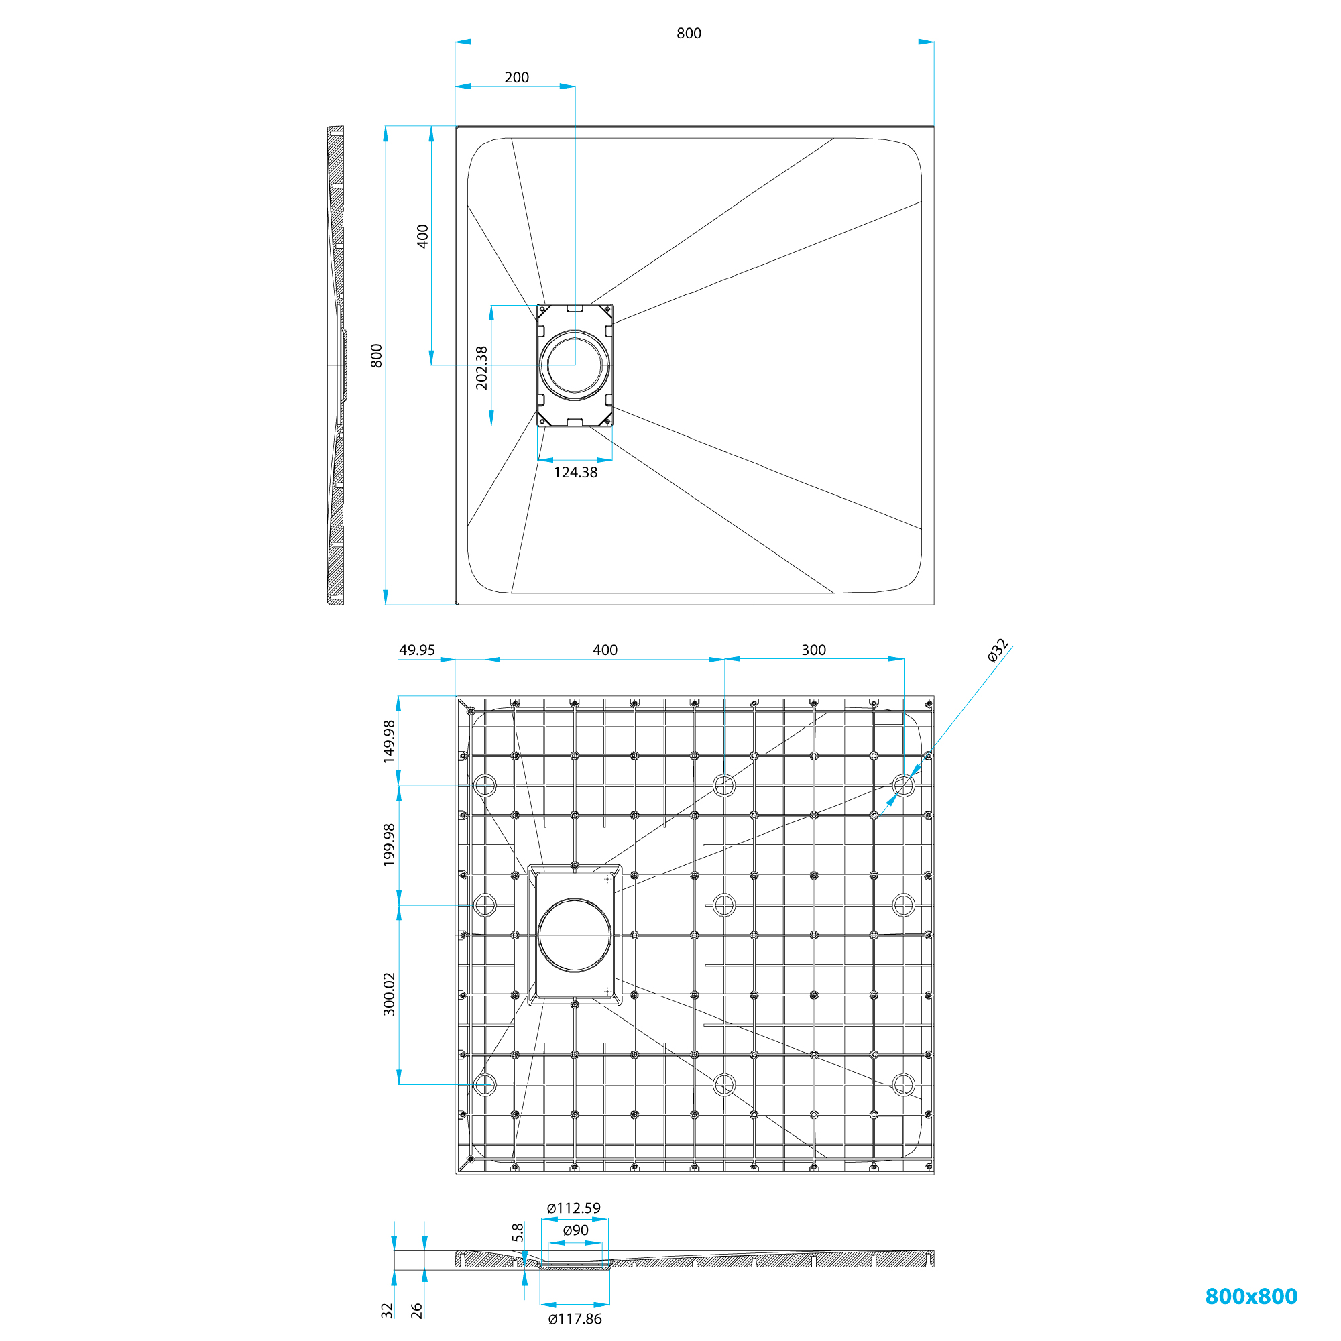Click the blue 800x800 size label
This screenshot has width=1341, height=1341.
point(1250,1296)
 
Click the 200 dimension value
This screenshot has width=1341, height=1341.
point(516,77)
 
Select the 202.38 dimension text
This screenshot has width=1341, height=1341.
point(481,368)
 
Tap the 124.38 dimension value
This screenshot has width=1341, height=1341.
point(575,473)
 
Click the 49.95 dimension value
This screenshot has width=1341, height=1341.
point(416,650)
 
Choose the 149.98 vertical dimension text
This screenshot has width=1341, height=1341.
point(390,742)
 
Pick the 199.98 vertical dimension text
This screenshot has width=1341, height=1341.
point(390,845)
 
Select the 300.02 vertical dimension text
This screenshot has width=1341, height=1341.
point(390,994)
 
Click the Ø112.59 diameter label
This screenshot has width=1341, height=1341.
point(573,1208)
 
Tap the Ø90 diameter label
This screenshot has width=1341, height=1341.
point(575,1230)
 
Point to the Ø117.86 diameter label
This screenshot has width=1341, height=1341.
point(575,1319)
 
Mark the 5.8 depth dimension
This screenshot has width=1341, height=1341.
point(518,1233)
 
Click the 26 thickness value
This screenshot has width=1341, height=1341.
point(416,1310)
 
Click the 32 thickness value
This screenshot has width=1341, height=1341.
point(387,1310)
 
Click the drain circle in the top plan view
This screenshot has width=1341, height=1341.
point(575,365)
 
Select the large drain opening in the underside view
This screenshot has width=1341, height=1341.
point(575,935)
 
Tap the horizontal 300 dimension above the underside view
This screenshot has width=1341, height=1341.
point(813,650)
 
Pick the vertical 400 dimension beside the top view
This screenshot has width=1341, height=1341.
point(422,236)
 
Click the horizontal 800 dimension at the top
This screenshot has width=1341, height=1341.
point(689,33)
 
